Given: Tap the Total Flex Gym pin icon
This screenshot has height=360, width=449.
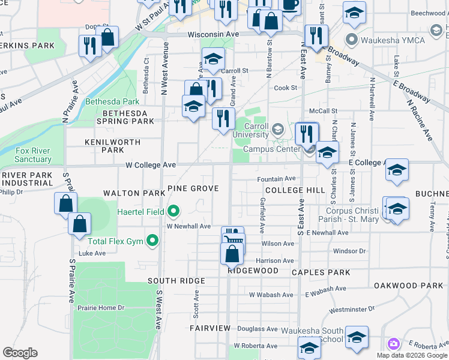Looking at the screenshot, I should click(x=152, y=241).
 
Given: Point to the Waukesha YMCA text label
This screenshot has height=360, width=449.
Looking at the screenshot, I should click(x=393, y=40).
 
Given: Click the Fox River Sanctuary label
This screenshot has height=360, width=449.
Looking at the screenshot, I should click(x=33, y=155).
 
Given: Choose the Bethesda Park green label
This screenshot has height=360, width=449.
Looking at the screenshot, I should click(x=112, y=101).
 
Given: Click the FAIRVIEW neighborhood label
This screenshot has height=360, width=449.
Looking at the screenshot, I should click(x=209, y=328).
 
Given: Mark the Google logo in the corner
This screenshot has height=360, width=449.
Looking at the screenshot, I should click(x=20, y=353).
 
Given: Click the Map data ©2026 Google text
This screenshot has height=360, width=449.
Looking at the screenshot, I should click(x=412, y=355).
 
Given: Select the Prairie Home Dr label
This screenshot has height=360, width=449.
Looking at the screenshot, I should click(x=101, y=308).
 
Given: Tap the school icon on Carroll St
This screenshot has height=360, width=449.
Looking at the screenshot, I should click(x=212, y=59).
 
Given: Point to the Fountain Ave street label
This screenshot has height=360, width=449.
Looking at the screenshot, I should click(x=276, y=179).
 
